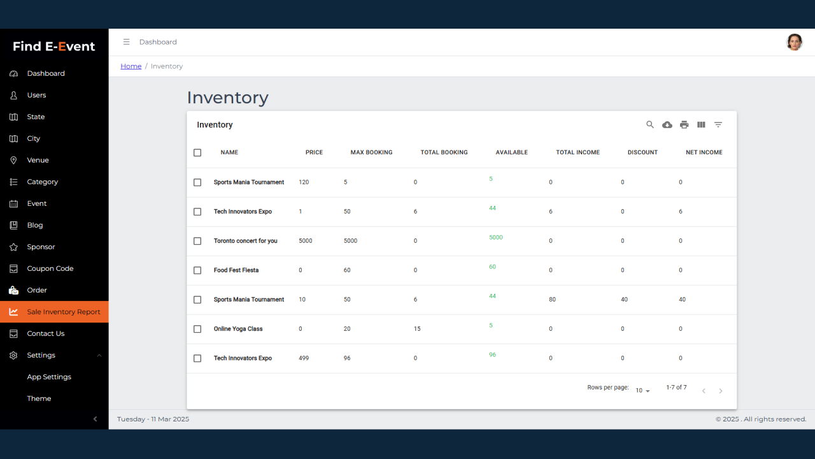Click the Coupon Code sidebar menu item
(x=50, y=268)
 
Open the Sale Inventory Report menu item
(x=63, y=312)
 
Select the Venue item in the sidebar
(x=38, y=160)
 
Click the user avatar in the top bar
(x=794, y=42)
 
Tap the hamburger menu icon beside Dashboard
(x=126, y=42)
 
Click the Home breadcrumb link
(x=131, y=66)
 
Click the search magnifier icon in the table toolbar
(x=650, y=125)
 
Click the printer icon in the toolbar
(x=684, y=125)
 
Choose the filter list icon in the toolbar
(x=718, y=125)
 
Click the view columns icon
(x=701, y=125)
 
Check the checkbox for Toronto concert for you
(x=197, y=241)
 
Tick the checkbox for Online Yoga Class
(x=197, y=329)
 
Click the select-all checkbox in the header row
(x=197, y=152)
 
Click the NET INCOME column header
(x=704, y=152)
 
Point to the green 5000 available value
(x=495, y=237)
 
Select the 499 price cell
(x=304, y=358)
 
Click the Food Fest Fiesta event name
(x=236, y=270)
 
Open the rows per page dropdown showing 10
(x=642, y=390)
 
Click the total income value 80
(x=552, y=300)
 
